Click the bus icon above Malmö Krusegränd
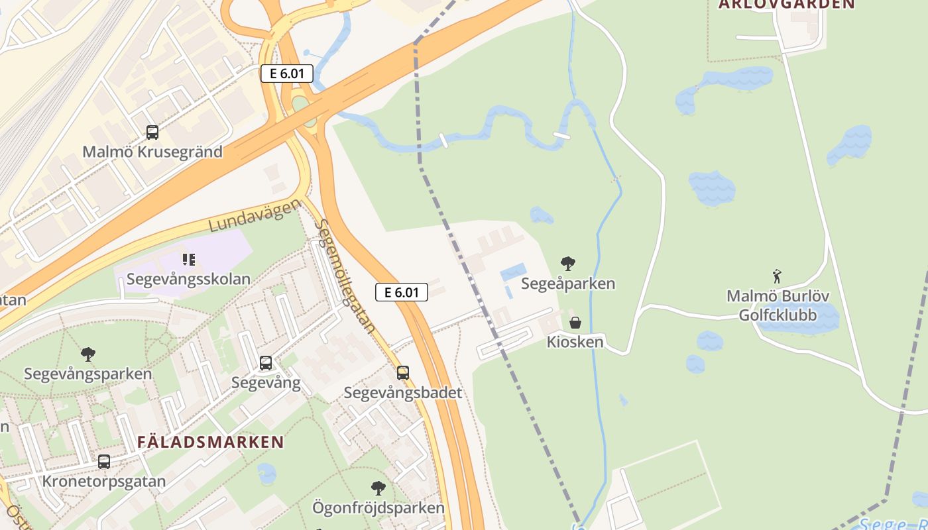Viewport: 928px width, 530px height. point(152,132)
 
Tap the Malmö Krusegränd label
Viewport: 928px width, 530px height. point(152,152)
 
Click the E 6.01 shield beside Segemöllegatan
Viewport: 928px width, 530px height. point(402,291)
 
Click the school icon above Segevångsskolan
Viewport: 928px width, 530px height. point(189,260)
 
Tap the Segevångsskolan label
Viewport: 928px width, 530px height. point(188,279)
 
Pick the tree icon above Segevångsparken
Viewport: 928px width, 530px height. point(87,354)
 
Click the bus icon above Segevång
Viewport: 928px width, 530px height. point(266,363)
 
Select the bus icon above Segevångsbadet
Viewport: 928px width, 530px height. point(403,373)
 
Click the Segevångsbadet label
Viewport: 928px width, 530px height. point(403,393)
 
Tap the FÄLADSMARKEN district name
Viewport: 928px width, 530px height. point(211,442)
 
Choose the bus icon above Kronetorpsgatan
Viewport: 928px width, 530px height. point(104,462)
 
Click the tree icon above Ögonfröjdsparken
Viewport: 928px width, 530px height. point(378,489)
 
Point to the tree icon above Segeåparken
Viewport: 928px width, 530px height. point(567,264)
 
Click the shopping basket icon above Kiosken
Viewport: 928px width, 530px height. point(575,323)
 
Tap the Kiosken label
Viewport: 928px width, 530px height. point(575,342)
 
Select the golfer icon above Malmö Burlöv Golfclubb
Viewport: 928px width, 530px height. point(777,276)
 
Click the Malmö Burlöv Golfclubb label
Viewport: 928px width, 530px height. point(778,305)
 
